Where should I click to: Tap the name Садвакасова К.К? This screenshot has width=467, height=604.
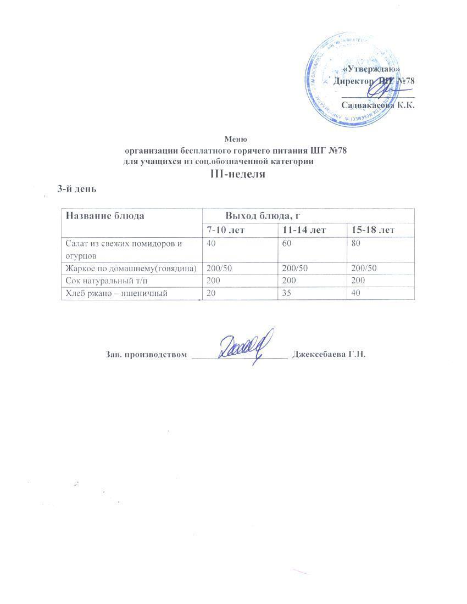[x=377, y=105]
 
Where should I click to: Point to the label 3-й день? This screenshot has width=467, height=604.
[x=77, y=189]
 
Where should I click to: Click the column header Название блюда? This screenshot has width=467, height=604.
[x=105, y=215]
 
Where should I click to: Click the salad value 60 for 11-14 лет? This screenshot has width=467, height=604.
[x=281, y=243]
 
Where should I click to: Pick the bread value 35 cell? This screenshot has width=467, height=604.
[x=281, y=294]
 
